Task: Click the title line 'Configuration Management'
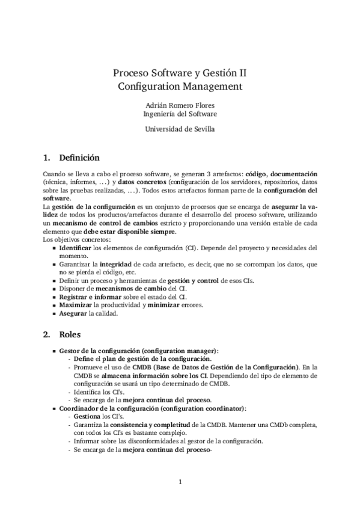pos(180,86)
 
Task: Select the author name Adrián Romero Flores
pos(180,104)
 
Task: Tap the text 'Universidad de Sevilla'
pos(180,128)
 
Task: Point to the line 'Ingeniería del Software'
pos(180,113)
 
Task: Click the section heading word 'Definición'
pos(79,158)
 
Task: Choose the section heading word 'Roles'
pos(70,334)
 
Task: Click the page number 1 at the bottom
pos(180,481)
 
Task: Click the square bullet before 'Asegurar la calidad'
pos(55,313)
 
